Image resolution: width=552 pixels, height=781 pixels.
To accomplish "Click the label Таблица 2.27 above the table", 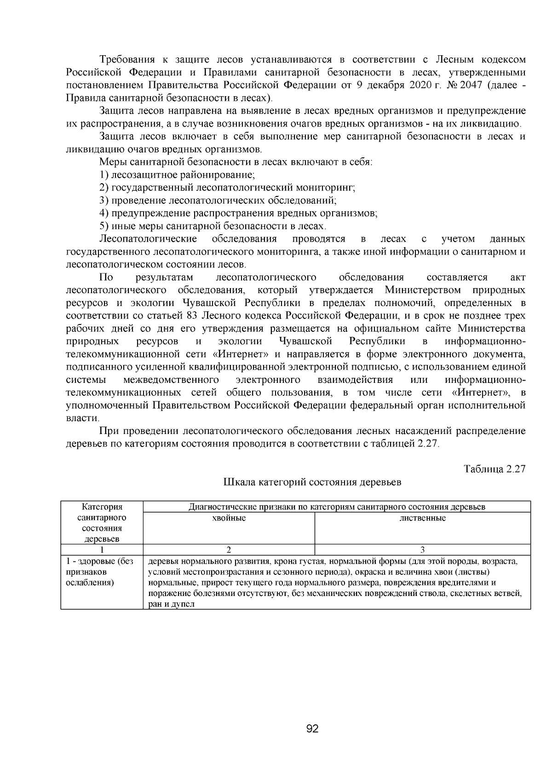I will click(494, 469).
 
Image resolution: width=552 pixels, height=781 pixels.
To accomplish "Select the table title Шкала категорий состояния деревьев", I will click(312, 482).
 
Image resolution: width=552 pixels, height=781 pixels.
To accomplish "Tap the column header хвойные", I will click(229, 518).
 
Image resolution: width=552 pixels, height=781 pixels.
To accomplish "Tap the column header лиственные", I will click(422, 518).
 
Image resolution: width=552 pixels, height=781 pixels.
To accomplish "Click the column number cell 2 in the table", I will click(229, 550).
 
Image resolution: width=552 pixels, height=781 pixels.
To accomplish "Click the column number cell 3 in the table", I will click(422, 550).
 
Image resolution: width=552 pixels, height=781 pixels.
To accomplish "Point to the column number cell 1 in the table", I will click(102, 550).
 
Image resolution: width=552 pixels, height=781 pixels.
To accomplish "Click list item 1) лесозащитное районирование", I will click(177, 175).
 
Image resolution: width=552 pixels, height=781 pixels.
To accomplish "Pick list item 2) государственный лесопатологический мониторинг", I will click(227, 188).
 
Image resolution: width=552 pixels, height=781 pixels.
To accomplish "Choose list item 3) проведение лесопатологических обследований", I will click(218, 201).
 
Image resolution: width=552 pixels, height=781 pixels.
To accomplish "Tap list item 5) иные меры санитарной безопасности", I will click(213, 226).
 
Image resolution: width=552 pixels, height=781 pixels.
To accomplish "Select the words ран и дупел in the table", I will click(171, 604).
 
